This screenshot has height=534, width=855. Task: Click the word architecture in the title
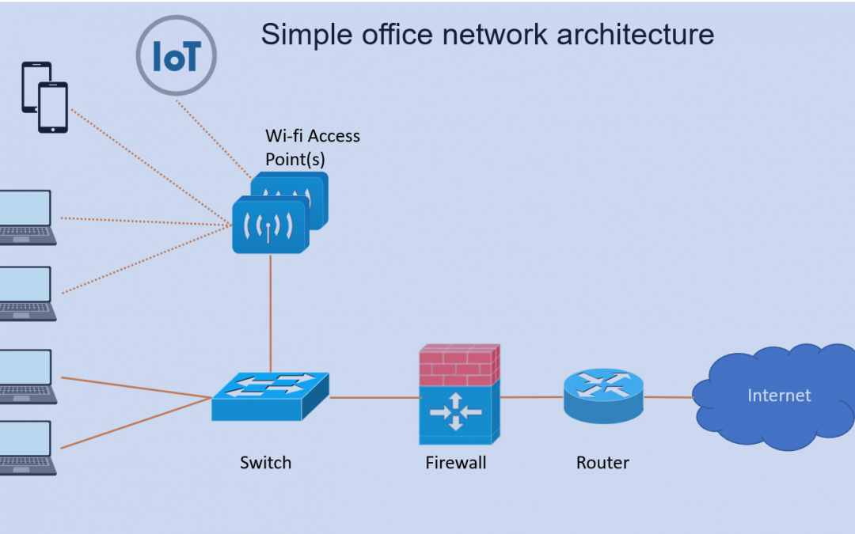point(635,34)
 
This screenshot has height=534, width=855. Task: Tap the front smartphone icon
point(53,108)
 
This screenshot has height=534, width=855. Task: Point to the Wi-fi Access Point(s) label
point(313,147)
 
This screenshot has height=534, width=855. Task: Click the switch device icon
point(271,396)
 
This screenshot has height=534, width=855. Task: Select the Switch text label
point(265,463)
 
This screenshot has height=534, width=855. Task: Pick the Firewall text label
point(456,463)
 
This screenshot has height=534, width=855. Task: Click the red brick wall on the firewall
point(459,365)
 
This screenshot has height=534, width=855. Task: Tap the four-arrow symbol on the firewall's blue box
point(456,412)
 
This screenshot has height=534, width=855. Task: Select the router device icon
point(603,396)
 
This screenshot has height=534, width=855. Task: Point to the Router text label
point(602,463)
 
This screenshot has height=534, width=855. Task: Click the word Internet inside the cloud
point(779,395)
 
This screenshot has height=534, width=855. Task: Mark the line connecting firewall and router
point(532,397)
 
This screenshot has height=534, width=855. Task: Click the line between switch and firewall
point(375,398)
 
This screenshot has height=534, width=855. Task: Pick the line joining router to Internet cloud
point(668,397)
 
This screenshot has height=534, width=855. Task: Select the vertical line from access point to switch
point(271,313)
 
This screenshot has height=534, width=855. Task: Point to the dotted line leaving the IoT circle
point(215,139)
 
